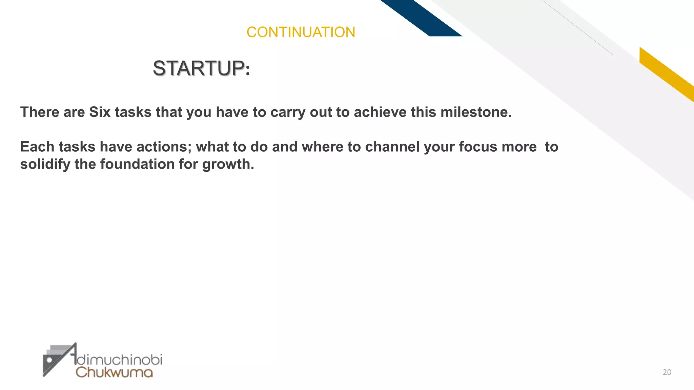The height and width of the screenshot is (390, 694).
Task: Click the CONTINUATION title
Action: [301, 32]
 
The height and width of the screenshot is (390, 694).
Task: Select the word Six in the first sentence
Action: [100, 112]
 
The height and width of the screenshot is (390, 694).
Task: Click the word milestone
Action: [476, 112]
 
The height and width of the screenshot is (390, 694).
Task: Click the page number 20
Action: [667, 372]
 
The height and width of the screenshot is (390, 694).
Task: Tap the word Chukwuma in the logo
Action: [114, 372]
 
